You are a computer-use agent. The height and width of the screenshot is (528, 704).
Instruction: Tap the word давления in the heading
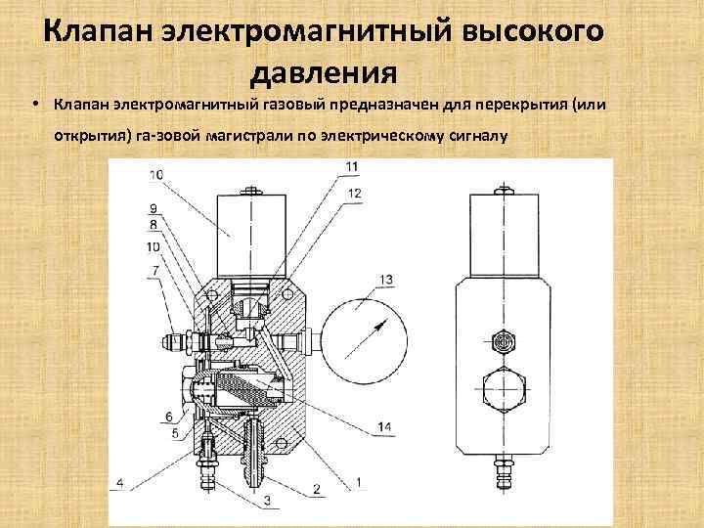pyautogui.click(x=323, y=72)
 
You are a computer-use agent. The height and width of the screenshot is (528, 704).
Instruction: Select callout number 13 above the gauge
pyautogui.click(x=386, y=281)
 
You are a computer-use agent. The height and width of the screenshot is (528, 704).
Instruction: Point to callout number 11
pyautogui.click(x=352, y=166)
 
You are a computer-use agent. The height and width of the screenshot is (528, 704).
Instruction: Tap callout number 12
pyautogui.click(x=354, y=194)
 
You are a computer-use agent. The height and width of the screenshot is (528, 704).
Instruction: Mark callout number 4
pyautogui.click(x=119, y=481)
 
